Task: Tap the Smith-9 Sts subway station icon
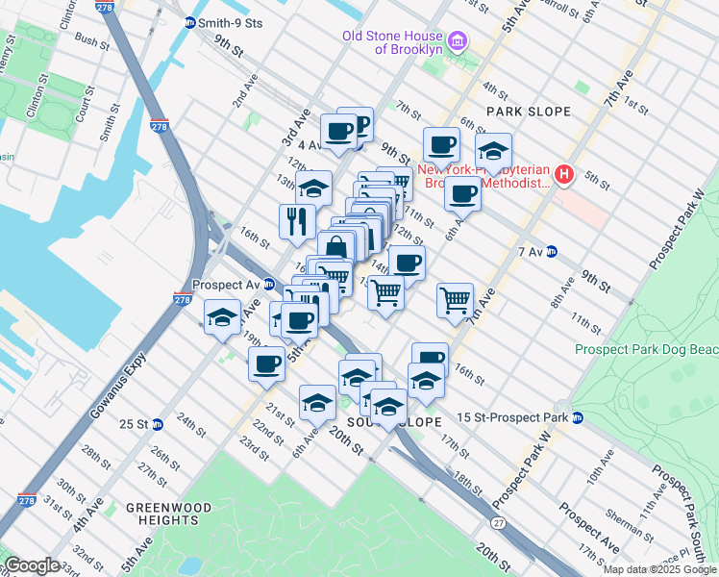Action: click(190, 21)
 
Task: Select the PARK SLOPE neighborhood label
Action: click(529, 112)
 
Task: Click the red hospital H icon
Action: click(565, 175)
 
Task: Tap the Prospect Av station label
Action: click(227, 285)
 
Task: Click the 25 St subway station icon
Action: click(158, 424)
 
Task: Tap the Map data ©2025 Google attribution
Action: click(659, 569)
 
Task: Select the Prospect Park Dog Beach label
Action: click(645, 350)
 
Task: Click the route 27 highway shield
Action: click(497, 522)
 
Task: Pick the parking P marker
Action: click(360, 125)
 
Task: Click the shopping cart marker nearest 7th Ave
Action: click(455, 299)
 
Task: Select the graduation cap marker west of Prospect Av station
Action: click(222, 317)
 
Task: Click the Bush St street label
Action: click(90, 41)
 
